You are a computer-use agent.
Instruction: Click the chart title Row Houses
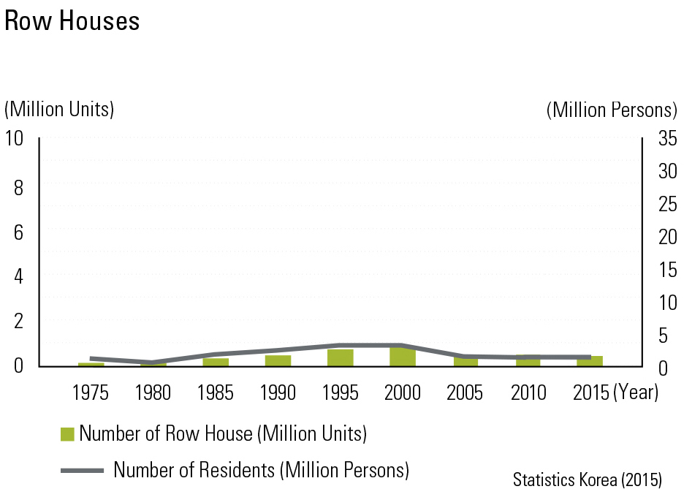72,21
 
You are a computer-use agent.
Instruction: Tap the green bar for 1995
340,358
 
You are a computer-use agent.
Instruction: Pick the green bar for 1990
278,360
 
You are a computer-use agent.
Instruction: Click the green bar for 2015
590,361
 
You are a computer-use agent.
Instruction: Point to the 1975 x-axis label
91,393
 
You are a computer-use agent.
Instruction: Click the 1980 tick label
153,393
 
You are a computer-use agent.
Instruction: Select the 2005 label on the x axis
465,393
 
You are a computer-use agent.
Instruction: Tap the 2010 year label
528,393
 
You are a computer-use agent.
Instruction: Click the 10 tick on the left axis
15,138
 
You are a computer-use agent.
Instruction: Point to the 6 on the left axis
19,232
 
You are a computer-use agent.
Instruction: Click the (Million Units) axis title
60,110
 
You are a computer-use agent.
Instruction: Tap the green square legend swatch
67,434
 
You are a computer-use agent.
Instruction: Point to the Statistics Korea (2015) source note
587,479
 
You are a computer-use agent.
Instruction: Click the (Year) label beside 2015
636,393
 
